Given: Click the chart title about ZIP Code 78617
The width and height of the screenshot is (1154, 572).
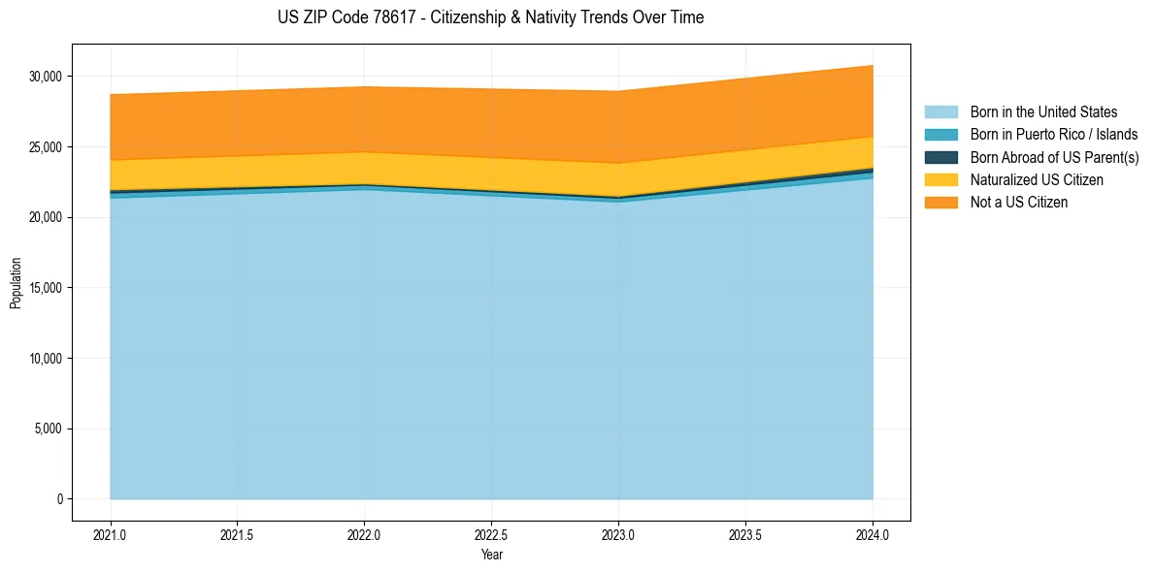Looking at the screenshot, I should pos(490,17).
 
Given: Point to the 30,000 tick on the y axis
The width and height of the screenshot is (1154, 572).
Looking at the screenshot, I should pos(46,77).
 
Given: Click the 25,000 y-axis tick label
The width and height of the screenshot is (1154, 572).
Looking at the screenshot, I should pos(46,147).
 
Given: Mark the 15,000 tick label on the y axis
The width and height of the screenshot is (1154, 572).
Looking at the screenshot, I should pos(46,288).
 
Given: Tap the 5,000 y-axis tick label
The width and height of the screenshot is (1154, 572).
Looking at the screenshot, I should pos(49,429).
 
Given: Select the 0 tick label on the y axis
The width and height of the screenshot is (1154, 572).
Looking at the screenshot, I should pos(60,499).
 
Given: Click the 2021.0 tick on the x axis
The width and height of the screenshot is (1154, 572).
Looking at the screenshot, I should pos(111,534).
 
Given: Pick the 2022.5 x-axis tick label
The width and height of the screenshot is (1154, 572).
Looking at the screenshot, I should pos(491,534).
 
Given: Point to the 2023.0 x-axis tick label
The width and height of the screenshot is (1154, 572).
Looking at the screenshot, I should pos(618,534).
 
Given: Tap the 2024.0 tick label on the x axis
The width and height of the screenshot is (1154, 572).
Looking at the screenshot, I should pos(873,534).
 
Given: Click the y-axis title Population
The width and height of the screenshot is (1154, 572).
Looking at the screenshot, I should pos(16,283).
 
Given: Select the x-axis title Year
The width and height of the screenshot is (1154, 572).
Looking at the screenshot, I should pos(491,556).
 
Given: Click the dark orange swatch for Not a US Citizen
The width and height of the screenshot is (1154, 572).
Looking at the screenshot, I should pos(940,203).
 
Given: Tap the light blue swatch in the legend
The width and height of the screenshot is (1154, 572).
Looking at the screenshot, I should pos(940,112).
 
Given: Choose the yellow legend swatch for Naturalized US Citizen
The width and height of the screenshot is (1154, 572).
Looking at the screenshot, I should pos(940,180).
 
